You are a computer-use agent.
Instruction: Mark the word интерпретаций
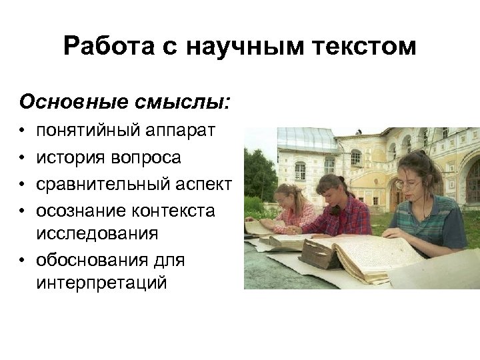coord(102,283)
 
